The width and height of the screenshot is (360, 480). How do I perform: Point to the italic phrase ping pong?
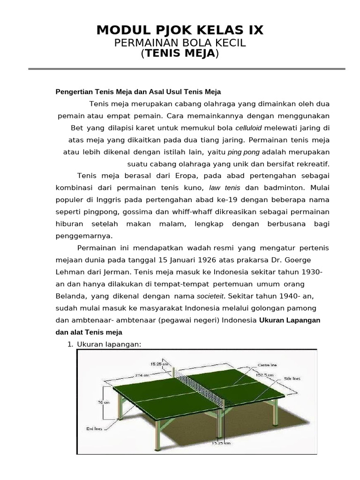[244, 152]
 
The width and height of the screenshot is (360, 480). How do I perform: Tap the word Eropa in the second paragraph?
[187, 176]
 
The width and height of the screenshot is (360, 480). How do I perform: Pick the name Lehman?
[69, 272]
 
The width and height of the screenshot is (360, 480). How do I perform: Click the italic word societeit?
[210, 296]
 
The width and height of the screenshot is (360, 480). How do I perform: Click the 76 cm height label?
[103, 402]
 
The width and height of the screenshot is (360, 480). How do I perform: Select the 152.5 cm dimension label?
[265, 375]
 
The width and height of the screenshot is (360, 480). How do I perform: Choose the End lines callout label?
[94, 427]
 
